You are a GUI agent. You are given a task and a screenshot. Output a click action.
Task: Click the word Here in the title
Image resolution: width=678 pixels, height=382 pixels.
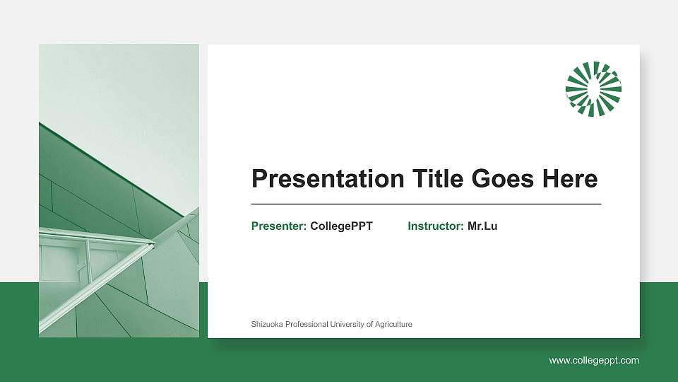[570, 179]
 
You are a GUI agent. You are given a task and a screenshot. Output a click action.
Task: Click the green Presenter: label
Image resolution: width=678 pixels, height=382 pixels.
[279, 226]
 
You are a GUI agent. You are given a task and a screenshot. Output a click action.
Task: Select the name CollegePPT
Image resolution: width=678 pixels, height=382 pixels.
[341, 226]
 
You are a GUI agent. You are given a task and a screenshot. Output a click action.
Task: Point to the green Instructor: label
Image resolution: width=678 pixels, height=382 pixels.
[436, 226]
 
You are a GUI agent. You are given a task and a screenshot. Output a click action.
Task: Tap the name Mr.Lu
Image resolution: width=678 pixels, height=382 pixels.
[482, 226]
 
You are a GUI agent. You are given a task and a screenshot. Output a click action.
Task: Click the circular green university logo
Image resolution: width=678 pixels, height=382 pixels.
[593, 88]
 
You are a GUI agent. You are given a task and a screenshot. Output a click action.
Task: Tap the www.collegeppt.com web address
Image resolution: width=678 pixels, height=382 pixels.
[594, 361]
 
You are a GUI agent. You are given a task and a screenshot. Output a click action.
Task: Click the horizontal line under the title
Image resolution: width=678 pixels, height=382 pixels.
[426, 204]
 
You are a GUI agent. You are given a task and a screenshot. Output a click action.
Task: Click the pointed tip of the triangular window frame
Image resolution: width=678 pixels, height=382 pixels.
[153, 243]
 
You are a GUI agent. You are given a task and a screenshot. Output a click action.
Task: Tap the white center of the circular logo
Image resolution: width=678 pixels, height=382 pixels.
[593, 88]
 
